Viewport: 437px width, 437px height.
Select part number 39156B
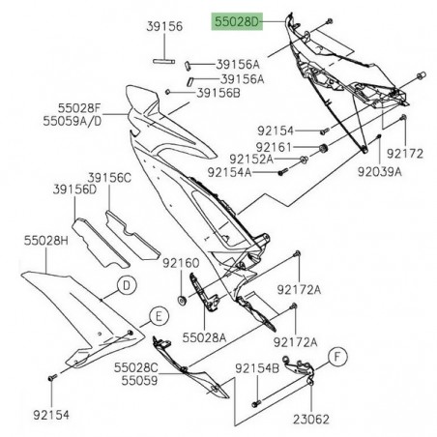[x=218, y=93]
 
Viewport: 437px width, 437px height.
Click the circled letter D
[x=125, y=284]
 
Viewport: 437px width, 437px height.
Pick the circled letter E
[x=152, y=315]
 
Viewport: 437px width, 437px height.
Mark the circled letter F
[x=338, y=356]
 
